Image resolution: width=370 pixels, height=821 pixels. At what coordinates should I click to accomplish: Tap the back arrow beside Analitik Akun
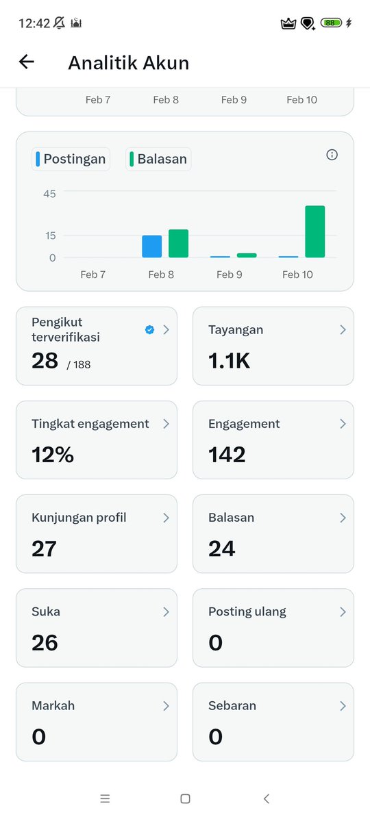[x=26, y=62]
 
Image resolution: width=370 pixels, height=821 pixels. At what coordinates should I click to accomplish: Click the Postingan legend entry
[x=71, y=160]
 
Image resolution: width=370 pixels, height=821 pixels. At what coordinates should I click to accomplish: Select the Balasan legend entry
[x=159, y=160]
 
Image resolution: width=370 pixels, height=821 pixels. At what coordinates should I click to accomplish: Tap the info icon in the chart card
[x=332, y=155]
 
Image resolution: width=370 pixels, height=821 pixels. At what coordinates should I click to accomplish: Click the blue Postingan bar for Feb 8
[x=152, y=247]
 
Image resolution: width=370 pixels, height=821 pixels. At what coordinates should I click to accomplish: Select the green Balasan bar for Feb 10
[x=314, y=231]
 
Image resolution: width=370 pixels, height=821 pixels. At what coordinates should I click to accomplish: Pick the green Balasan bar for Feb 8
[x=178, y=244]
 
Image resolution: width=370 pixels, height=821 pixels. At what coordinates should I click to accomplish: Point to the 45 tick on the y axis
[x=49, y=194]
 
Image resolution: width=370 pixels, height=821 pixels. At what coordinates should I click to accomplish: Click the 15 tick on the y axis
[x=49, y=236]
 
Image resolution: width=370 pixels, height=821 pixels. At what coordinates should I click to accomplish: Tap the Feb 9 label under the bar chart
[x=230, y=275]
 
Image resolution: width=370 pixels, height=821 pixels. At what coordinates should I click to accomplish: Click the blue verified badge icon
[x=149, y=330]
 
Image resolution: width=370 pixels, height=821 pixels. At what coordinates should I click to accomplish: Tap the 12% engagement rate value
[x=53, y=455]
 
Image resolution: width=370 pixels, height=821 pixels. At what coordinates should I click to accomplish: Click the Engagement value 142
[x=227, y=455]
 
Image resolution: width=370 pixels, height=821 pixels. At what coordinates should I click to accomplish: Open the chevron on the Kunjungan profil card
[x=166, y=518]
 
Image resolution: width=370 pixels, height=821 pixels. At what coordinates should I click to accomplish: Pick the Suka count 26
[x=45, y=642]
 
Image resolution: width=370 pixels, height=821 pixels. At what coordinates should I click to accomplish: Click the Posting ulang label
[x=247, y=611]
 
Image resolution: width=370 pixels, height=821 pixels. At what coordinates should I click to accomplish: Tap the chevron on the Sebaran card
[x=343, y=706]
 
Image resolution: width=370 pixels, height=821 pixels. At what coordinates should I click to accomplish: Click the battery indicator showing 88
[x=331, y=23]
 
